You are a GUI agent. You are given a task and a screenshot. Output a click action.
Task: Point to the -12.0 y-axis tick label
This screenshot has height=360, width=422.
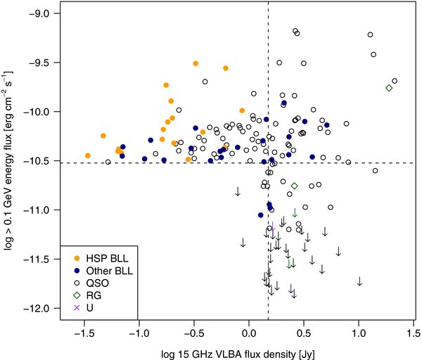[39, 309]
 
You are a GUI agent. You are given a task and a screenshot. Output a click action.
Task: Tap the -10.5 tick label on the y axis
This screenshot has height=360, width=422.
[39, 161]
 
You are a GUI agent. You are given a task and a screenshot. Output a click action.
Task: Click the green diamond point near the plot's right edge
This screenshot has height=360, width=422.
[389, 88]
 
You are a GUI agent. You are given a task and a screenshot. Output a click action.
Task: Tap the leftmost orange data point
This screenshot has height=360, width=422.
[88, 155]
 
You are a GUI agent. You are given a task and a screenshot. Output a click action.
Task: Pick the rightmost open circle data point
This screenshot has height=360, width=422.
[395, 81]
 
